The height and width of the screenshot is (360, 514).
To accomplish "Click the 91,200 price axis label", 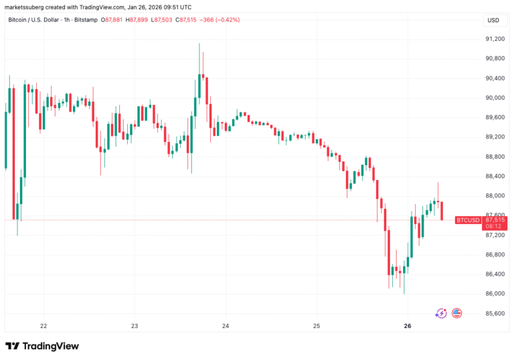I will click(495, 39).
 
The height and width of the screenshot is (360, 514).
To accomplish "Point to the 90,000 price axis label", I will click(495, 98).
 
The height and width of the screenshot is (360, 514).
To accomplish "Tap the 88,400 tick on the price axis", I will click(495, 176).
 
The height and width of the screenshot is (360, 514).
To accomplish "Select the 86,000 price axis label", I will click(495, 294).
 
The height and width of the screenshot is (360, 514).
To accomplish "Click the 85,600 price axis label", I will click(495, 313).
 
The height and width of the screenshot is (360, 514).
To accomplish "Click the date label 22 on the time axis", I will click(44, 326).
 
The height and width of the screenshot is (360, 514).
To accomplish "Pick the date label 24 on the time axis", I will click(226, 326).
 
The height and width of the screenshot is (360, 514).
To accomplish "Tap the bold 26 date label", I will click(408, 326).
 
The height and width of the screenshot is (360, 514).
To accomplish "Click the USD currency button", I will click(493, 20).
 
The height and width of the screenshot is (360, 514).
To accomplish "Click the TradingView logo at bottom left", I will click(41, 346).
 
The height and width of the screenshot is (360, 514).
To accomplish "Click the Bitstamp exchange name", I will click(86, 19).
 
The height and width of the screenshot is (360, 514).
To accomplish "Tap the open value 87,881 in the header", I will click(112, 19).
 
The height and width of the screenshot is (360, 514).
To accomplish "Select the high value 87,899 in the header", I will click(139, 19).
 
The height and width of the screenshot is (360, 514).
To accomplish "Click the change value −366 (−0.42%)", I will click(216, 19).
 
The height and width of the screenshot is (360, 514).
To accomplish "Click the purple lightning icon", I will click(440, 312).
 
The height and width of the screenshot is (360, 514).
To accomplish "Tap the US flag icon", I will click(457, 312).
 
